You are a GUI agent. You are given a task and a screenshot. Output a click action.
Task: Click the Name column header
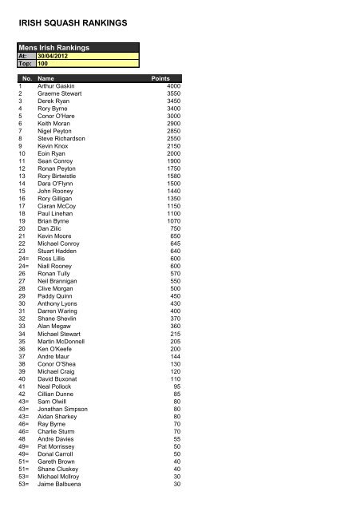(x=46, y=79)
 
